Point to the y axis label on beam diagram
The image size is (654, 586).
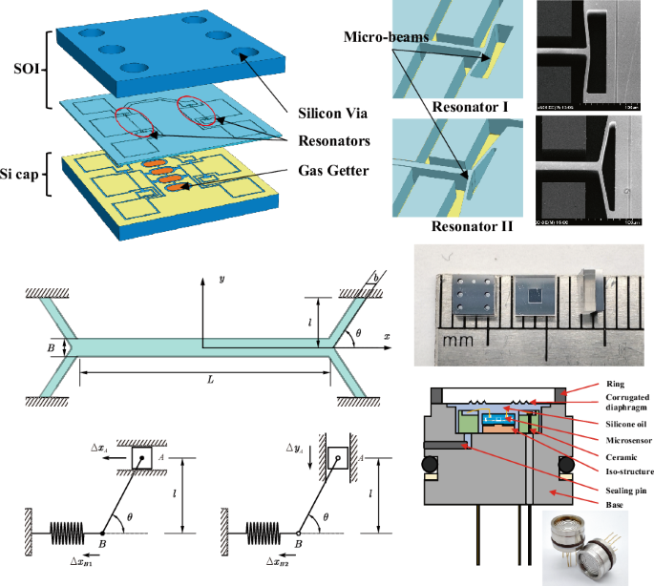pos(221,279)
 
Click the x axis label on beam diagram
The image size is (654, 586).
pos(387,337)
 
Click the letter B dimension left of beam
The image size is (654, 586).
pos(50,347)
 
